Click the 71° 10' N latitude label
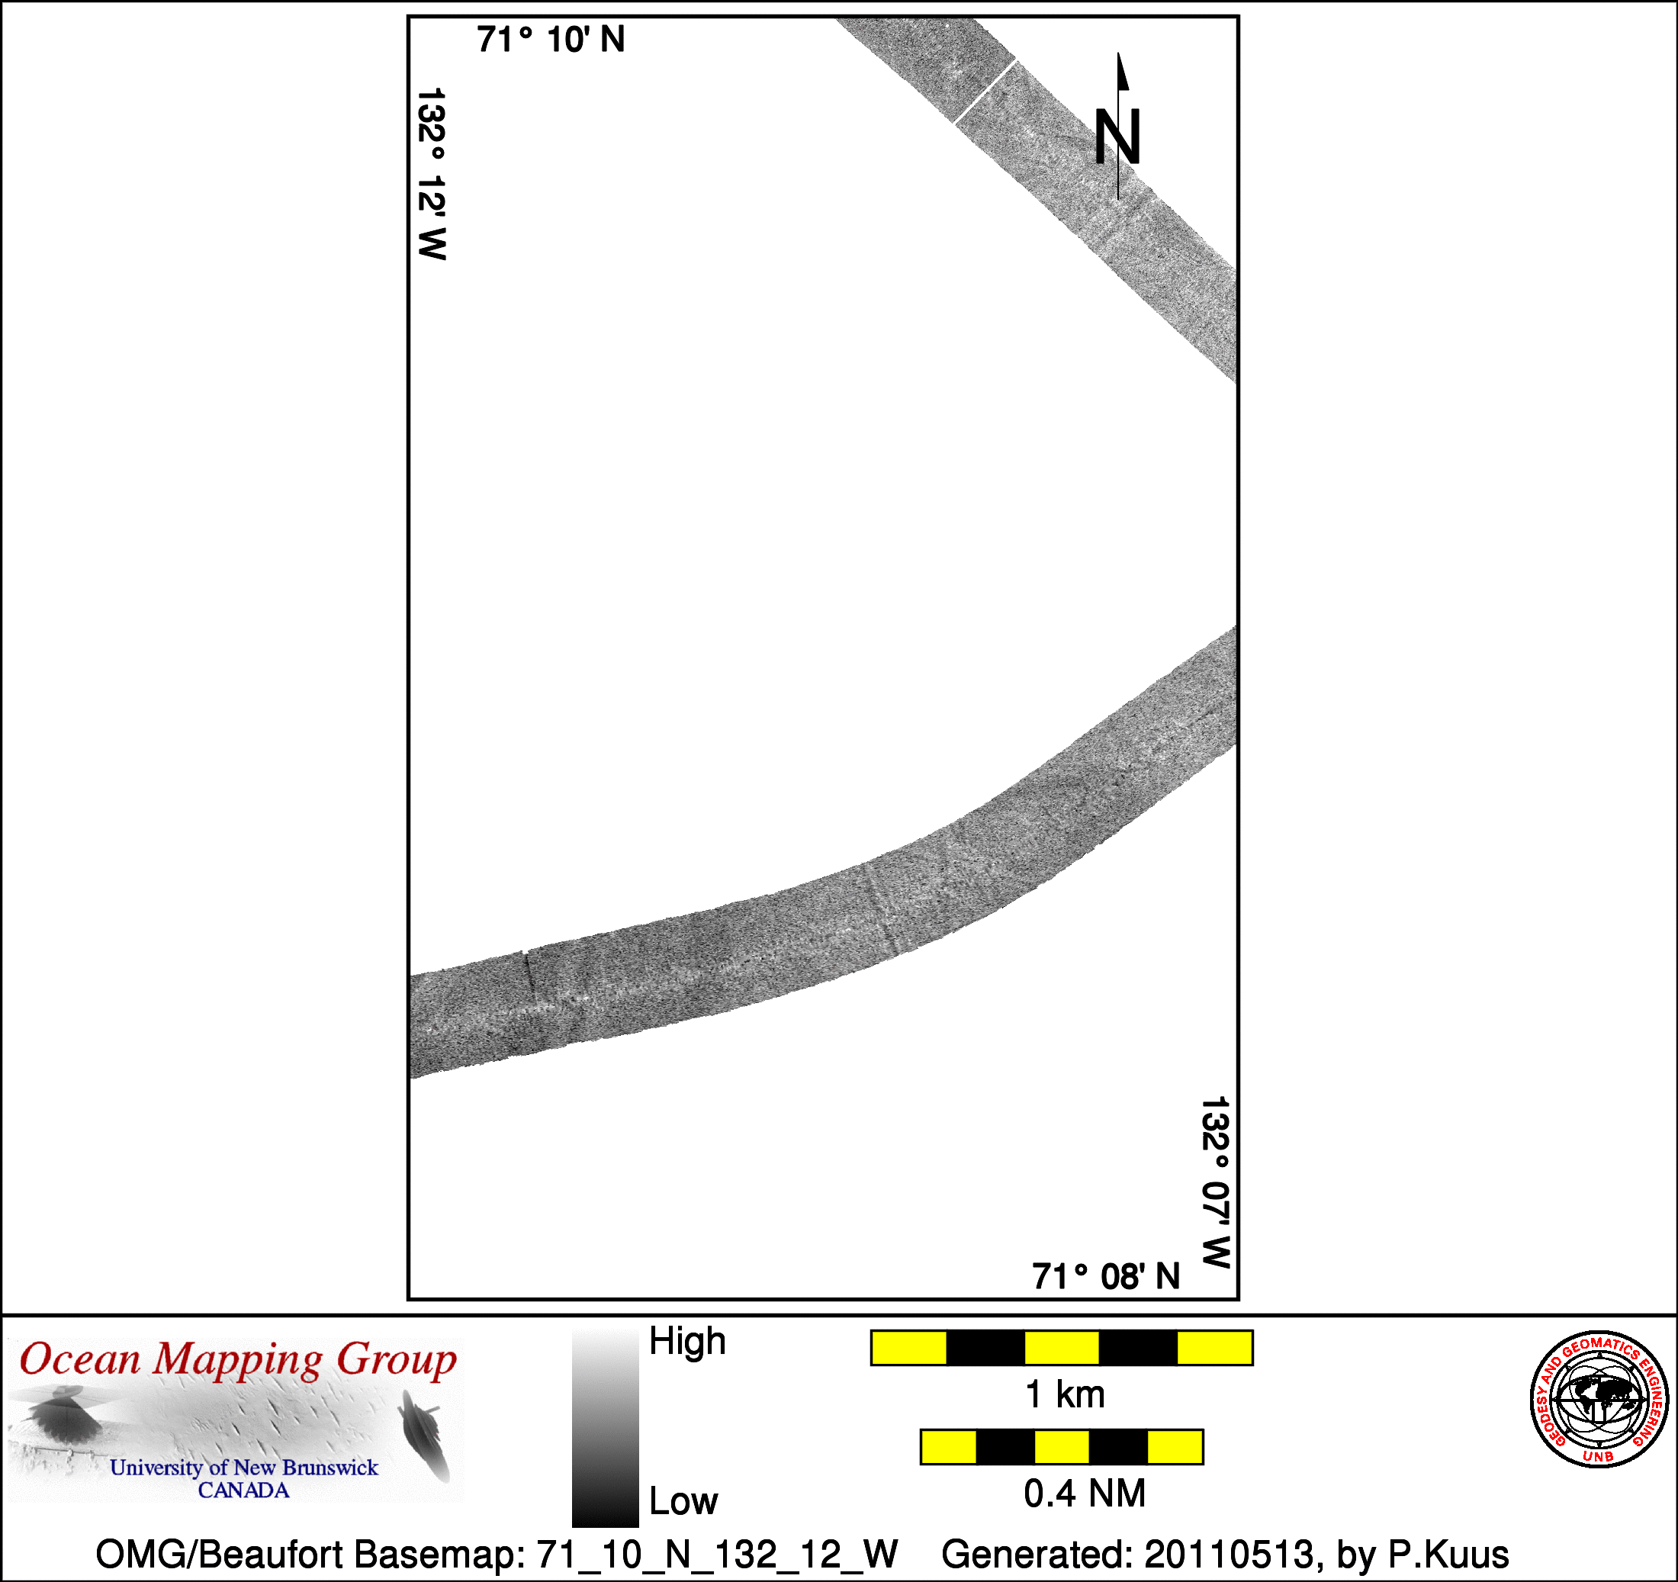tap(551, 40)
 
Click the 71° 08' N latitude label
tap(1106, 1276)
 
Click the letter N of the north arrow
tap(1117, 137)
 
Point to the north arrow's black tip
tap(1119, 53)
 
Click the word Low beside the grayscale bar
tap(683, 1501)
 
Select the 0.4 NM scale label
tap(1085, 1494)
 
